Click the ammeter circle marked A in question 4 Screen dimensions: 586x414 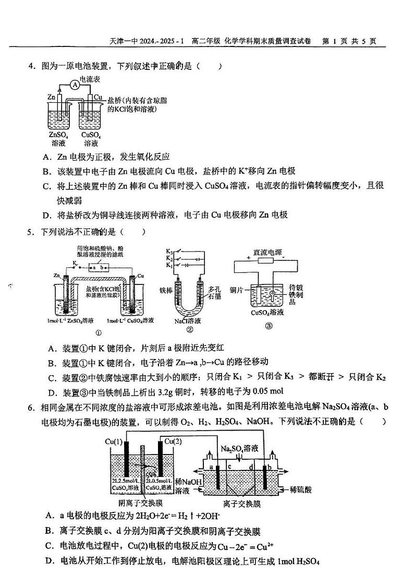[75, 85]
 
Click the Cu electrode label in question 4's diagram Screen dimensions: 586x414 [98, 97]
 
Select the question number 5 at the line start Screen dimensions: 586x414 [31, 232]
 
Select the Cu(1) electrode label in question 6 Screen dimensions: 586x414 [113, 442]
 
